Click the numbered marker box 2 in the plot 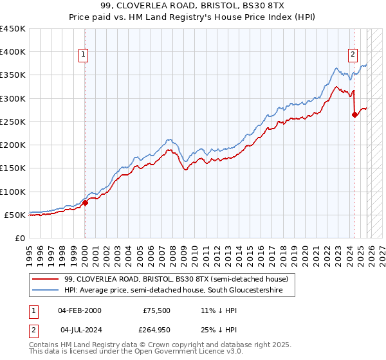[x=353, y=55]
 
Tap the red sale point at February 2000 [x=85, y=203]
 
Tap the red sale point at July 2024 [x=354, y=115]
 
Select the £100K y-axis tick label [x=13, y=192]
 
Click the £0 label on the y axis [x=20, y=238]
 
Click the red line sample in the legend [x=46, y=279]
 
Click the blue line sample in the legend [x=46, y=291]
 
